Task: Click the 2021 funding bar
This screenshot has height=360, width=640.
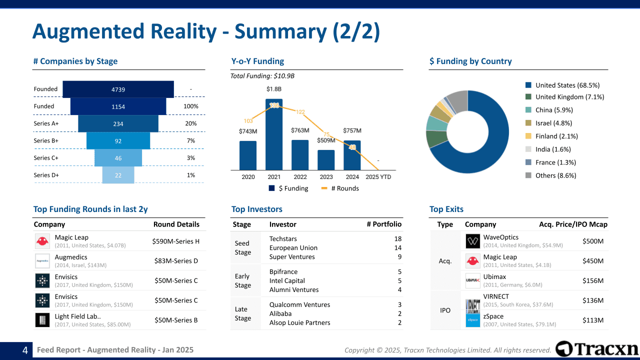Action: [274, 134]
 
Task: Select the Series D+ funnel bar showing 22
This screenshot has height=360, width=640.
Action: [118, 175]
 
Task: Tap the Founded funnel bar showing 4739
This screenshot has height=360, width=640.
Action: [118, 89]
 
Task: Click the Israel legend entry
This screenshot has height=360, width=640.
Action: [553, 123]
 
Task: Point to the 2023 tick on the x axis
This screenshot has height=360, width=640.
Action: [326, 177]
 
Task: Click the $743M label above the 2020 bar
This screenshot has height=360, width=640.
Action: [248, 131]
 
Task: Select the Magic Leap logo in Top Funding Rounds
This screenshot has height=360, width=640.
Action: [42, 241]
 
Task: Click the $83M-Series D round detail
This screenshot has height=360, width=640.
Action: [176, 261]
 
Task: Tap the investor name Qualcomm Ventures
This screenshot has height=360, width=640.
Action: [299, 304]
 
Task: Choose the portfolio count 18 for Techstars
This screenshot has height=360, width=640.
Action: [397, 239]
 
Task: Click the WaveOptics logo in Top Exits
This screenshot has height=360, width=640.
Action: [472, 241]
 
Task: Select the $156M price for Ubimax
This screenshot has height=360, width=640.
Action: [593, 280]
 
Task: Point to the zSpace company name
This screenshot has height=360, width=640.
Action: [493, 316]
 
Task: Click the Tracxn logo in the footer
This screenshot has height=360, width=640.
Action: [597, 349]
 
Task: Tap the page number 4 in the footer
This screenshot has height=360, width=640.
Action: [24, 350]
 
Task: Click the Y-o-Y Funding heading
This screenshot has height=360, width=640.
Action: [257, 61]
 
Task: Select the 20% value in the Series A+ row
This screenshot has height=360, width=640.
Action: [191, 123]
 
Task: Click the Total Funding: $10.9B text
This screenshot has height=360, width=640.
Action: [262, 76]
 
